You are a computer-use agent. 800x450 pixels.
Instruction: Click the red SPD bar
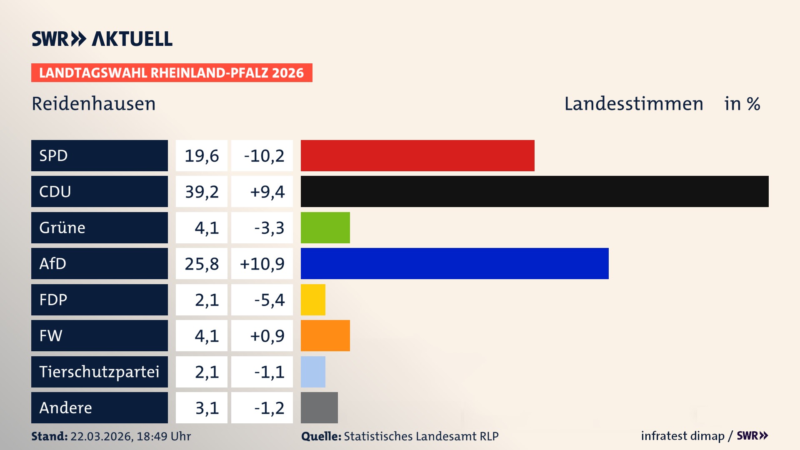click(417, 155)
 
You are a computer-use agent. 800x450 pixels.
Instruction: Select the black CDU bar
click(535, 191)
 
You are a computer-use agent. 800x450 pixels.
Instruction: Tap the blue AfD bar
click(455, 263)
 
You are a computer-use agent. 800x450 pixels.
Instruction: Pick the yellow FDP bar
click(313, 300)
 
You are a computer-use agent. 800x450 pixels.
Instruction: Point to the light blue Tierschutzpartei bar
click(313, 372)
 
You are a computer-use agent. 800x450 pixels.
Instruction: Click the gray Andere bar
click(319, 407)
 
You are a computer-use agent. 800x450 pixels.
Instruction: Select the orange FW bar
click(325, 335)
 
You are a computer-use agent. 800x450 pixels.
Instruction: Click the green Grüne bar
click(325, 227)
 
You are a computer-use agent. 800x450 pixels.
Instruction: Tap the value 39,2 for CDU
click(202, 192)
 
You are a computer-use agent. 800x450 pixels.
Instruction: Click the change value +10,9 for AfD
click(262, 264)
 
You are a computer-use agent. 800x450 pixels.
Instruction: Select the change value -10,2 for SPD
click(264, 156)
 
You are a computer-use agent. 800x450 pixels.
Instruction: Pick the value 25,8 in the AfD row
click(202, 264)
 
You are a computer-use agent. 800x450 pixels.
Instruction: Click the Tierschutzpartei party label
click(99, 372)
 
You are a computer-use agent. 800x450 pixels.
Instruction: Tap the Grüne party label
click(62, 227)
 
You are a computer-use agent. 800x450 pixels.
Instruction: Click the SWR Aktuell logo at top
click(102, 39)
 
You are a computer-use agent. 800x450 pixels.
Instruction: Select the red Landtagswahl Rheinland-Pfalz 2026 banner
click(172, 73)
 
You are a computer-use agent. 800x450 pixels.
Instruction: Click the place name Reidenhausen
click(94, 104)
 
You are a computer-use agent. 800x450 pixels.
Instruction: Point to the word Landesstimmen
click(633, 104)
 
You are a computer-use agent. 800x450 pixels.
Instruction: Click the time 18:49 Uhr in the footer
click(164, 436)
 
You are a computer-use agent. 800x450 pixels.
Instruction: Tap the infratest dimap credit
click(682, 436)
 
